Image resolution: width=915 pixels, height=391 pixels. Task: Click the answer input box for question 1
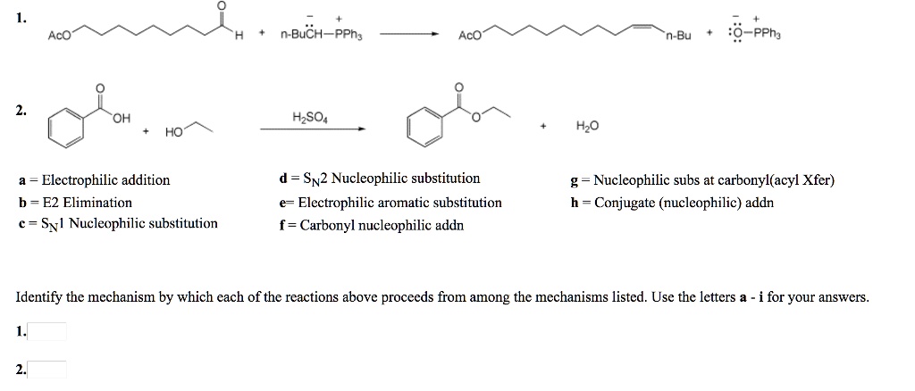click(47, 332)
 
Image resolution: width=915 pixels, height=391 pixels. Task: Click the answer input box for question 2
click(47, 369)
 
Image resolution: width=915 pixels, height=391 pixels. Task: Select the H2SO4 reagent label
click(310, 117)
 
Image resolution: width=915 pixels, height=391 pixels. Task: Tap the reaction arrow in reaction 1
click(408, 36)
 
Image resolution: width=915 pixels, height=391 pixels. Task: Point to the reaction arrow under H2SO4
click(313, 130)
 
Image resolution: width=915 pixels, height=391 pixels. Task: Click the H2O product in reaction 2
click(587, 128)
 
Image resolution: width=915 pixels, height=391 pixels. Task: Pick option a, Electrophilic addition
click(94, 180)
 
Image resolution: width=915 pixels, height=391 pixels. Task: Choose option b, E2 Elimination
click(75, 203)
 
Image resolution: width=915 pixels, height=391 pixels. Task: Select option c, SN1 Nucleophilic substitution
click(117, 223)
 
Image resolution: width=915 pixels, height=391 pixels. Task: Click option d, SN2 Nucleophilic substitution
click(380, 179)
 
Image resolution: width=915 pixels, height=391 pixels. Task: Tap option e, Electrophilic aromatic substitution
click(390, 203)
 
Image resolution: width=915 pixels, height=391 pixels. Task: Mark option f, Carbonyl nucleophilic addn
click(372, 225)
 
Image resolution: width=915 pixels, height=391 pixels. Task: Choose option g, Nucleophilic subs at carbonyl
click(702, 180)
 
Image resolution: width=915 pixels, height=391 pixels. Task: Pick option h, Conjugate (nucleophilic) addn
click(673, 203)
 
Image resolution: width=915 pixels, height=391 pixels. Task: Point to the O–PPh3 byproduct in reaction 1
click(756, 36)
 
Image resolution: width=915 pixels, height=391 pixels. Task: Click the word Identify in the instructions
click(41, 297)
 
